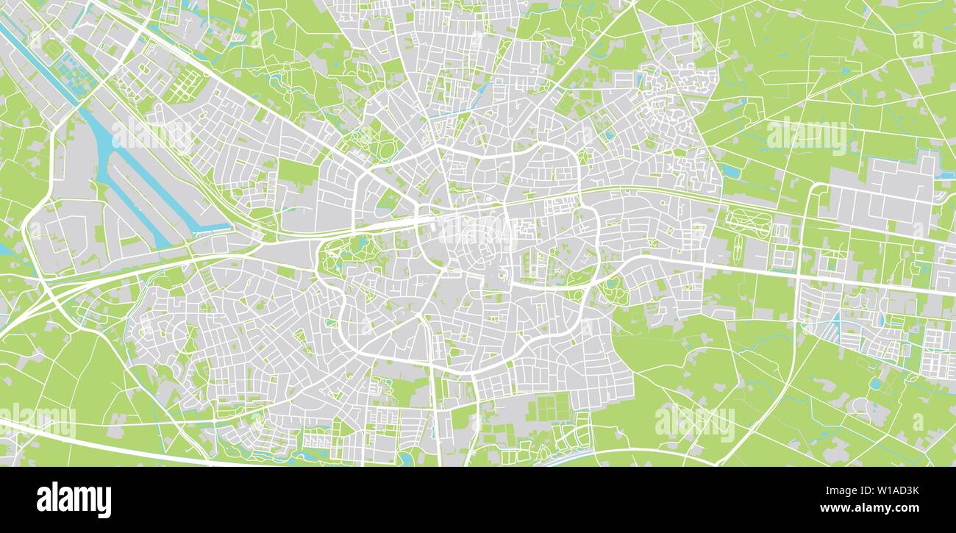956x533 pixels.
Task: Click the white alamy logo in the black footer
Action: [74, 500]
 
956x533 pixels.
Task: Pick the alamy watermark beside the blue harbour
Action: [152, 135]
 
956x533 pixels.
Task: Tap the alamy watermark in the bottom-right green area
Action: [694, 423]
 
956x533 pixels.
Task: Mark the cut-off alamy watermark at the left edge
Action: [37, 421]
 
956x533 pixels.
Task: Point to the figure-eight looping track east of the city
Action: [749, 221]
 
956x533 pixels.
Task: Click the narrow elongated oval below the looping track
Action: [738, 246]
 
